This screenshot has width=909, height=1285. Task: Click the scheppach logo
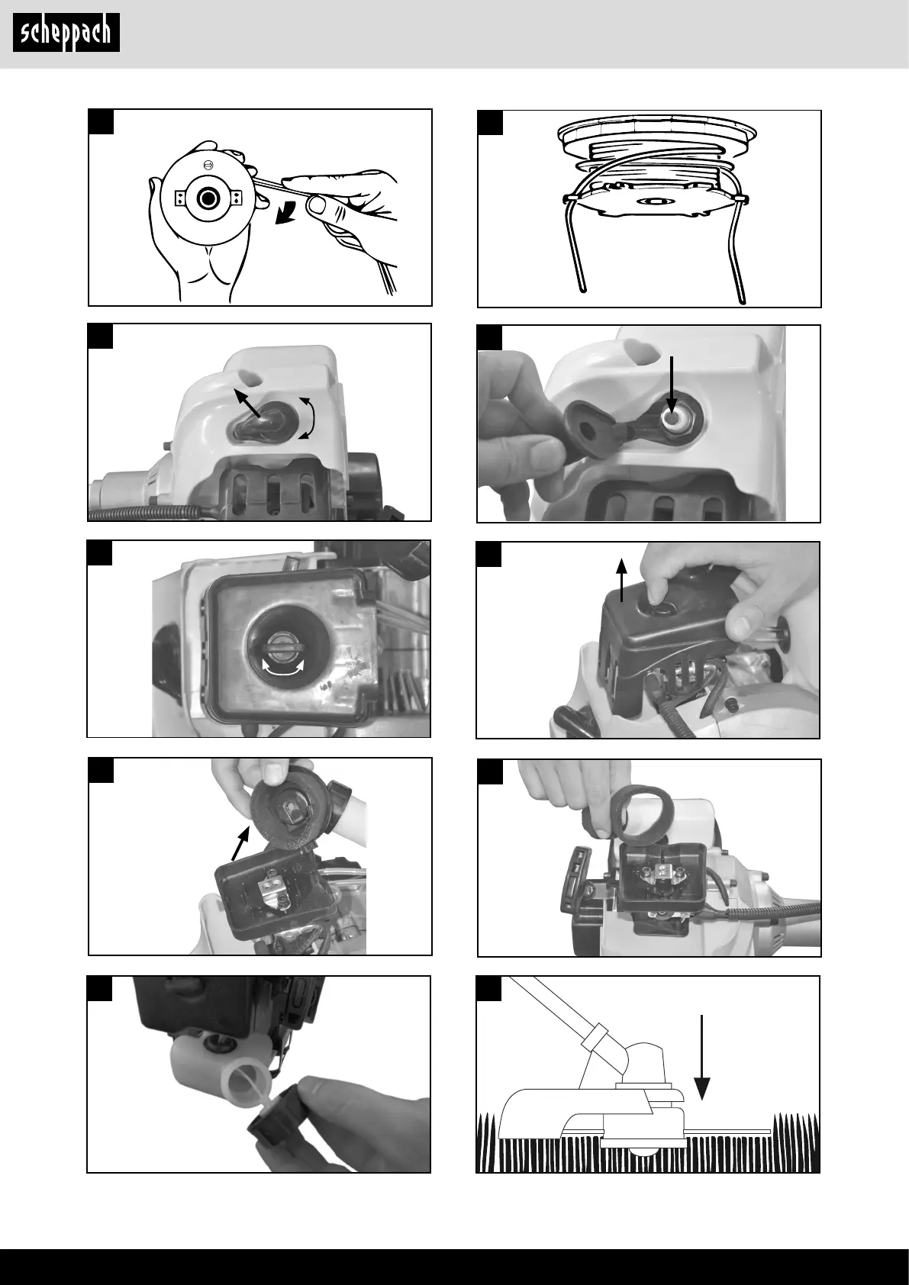click(66, 33)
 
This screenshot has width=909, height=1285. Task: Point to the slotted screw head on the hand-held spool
click(208, 166)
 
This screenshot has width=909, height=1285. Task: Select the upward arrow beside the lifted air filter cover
click(621, 581)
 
